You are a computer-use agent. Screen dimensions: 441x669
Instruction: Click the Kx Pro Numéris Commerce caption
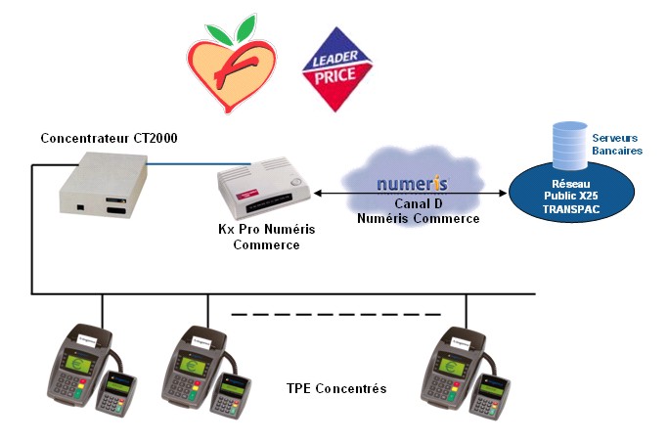[x=264, y=238]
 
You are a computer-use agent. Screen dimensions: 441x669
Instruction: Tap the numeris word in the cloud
[x=413, y=184]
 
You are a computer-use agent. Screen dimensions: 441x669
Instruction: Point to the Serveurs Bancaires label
[x=617, y=145]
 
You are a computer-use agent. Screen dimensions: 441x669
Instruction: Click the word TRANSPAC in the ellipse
[x=566, y=210]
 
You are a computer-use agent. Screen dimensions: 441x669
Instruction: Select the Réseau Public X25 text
[x=566, y=189]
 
